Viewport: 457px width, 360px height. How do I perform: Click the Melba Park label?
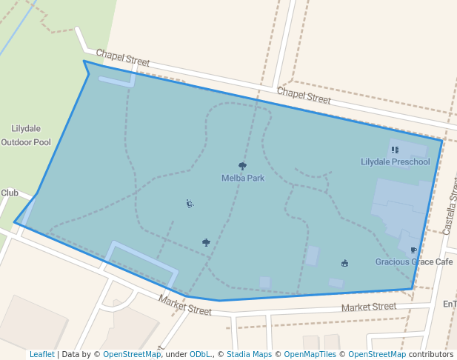[243, 178]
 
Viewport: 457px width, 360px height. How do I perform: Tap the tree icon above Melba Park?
[242, 166]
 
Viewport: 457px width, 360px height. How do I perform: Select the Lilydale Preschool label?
[395, 161]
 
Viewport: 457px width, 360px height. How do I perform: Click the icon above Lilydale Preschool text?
[395, 150]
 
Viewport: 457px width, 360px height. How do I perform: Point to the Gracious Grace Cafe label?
[413, 261]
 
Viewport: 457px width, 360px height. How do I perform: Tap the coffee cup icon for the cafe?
[413, 250]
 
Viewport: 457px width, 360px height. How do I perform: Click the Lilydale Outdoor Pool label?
[26, 135]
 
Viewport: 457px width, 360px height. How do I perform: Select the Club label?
[9, 193]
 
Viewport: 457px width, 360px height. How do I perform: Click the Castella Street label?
[449, 212]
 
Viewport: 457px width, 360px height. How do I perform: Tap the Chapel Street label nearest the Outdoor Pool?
[123, 59]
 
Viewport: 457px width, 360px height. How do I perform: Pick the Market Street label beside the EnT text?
[369, 307]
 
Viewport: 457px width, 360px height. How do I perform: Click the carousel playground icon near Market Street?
[344, 263]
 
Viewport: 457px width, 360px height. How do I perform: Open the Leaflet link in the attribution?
[41, 354]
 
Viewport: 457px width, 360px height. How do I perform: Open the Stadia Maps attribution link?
[248, 354]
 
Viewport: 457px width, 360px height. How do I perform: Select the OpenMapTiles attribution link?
[310, 354]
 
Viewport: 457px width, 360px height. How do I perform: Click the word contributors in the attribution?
[431, 354]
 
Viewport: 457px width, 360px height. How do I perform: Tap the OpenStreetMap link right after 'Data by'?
[132, 354]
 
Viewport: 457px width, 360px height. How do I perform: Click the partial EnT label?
[450, 304]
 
